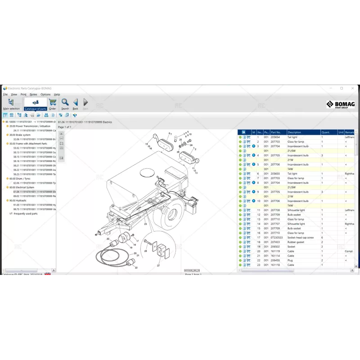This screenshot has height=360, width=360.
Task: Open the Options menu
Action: pos(45,94)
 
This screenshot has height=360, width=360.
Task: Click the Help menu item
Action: pos(57,94)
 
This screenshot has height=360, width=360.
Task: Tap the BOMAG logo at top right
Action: pos(340,105)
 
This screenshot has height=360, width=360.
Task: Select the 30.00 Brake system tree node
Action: pos(20,135)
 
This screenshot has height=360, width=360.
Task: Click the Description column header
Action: pos(303,132)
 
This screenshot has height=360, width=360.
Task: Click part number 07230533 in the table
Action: pos(276,238)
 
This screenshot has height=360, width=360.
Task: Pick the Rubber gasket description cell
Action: pos(296,242)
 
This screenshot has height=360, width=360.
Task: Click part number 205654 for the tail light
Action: pos(275,137)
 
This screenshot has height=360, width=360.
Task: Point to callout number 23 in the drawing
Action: pos(145,224)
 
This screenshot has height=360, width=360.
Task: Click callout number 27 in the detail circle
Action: pos(158,266)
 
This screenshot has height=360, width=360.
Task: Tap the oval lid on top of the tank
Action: pos(148,172)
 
